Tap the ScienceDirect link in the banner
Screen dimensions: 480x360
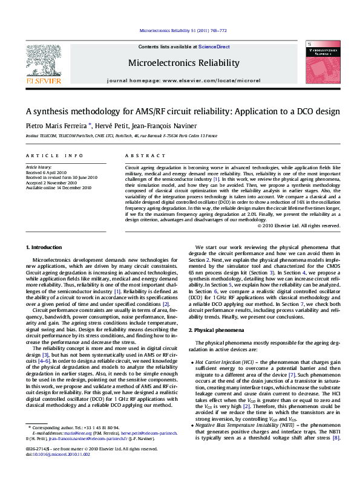pyautogui.click(x=214, y=47)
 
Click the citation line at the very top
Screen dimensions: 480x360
pyautogui.click(x=183, y=30)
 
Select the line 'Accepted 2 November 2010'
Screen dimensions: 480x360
pyautogui.click(x=51, y=182)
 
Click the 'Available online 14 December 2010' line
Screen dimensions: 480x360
pyautogui.click(x=59, y=187)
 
